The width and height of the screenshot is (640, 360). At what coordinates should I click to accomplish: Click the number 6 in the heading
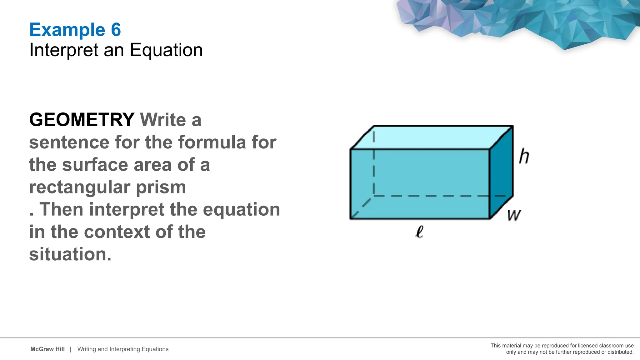point(116,30)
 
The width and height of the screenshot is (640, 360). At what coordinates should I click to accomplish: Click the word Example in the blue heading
point(67,30)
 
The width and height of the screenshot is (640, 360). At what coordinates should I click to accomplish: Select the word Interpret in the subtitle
point(64,50)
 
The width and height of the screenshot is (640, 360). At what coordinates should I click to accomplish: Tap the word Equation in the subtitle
point(166,50)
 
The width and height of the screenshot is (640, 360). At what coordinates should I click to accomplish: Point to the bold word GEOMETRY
point(82,120)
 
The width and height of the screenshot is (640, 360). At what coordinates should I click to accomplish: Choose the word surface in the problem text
point(95,165)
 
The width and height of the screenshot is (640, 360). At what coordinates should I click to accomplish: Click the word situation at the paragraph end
point(70,254)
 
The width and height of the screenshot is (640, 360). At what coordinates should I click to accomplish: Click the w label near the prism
point(514,215)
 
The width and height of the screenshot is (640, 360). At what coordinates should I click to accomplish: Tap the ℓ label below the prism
point(419,232)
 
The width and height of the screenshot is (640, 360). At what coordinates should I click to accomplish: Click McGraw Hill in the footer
point(47,349)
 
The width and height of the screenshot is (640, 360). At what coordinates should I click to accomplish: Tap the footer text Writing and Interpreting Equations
point(123,349)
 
